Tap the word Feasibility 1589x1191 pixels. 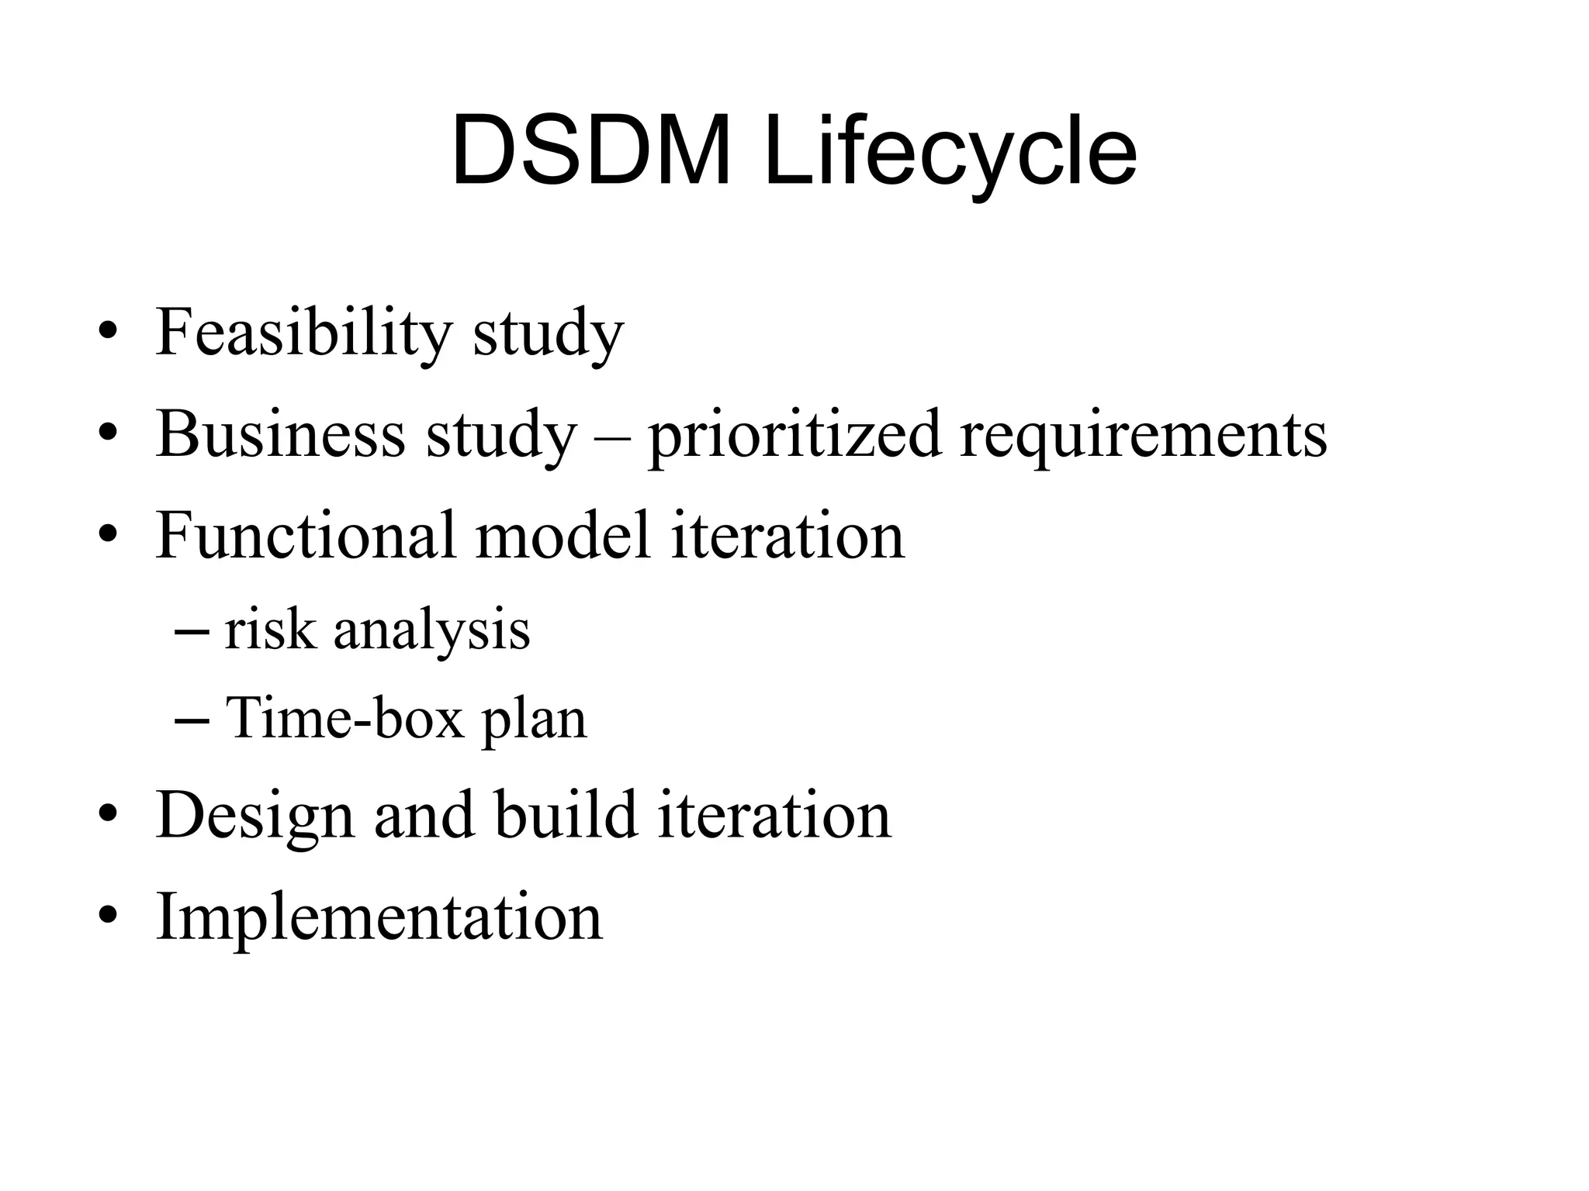pyautogui.click(x=303, y=333)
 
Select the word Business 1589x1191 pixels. pyautogui.click(x=280, y=434)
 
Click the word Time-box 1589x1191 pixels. pyautogui.click(x=344, y=718)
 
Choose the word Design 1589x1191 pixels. pyautogui.click(x=255, y=816)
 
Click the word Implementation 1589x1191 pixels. pyautogui.click(x=379, y=917)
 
